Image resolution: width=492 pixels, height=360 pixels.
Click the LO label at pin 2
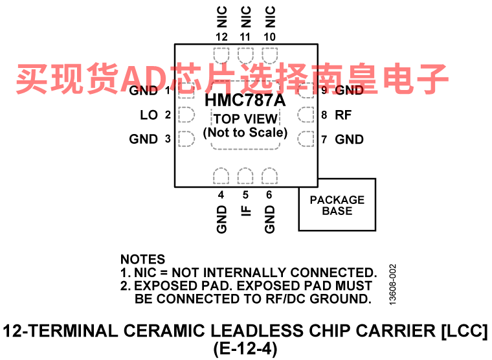pos(149,115)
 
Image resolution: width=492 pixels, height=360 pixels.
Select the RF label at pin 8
pos(343,115)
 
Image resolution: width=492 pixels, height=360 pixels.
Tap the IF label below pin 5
pos(246,211)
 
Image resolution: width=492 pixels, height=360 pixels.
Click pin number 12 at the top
pos(221,37)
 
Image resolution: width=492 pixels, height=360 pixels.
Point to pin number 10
pos(269,37)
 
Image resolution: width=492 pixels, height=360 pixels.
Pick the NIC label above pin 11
pos(246,17)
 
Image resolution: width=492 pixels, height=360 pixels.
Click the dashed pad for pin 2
pos(186,115)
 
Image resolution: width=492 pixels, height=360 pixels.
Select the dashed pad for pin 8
pos(306,115)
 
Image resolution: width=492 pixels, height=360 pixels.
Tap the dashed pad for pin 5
pos(245,175)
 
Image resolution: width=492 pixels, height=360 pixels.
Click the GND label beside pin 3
pos(144,139)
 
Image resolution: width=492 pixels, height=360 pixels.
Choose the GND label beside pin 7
pos(349,139)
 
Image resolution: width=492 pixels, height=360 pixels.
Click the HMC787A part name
pos(245,100)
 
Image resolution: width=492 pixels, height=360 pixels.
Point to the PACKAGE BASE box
pos(337,205)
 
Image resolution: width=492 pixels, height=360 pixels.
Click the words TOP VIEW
pos(246,119)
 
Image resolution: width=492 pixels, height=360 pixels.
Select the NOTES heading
pos(143,259)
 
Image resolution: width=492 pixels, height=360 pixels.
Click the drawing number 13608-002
pos(392,284)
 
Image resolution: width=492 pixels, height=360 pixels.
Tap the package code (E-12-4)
pos(245,349)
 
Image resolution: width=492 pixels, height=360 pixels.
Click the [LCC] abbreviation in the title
pos(465,330)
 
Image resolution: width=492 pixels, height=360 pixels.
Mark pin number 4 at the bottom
pos(221,195)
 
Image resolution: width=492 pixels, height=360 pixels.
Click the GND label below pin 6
pos(269,219)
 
